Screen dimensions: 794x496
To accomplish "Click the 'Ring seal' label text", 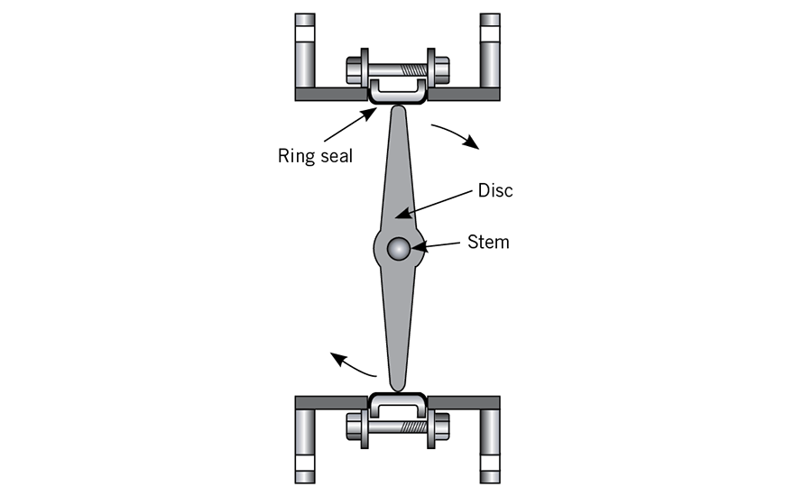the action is click(315, 156).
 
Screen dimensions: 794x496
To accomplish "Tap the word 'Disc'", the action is click(495, 190).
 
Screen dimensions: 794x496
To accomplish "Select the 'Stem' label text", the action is click(488, 242).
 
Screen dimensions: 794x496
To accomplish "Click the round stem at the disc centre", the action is click(399, 249).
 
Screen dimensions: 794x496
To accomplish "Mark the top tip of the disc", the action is click(399, 106).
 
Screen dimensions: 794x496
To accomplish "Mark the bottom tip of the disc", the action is click(398, 390).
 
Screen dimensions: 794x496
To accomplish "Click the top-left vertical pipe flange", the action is click(305, 51).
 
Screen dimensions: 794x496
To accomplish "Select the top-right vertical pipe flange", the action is click(490, 51).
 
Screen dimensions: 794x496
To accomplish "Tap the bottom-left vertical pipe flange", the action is click(305, 446).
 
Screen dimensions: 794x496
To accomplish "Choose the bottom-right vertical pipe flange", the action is click(490, 446).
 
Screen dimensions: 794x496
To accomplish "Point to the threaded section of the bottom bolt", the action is click(414, 427).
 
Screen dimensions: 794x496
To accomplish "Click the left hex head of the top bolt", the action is click(354, 70).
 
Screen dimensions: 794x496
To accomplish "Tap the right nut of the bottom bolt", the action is click(442, 427).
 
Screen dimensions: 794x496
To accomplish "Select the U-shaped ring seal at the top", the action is click(398, 93).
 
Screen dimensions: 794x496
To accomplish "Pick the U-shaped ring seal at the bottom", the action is click(398, 404).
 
